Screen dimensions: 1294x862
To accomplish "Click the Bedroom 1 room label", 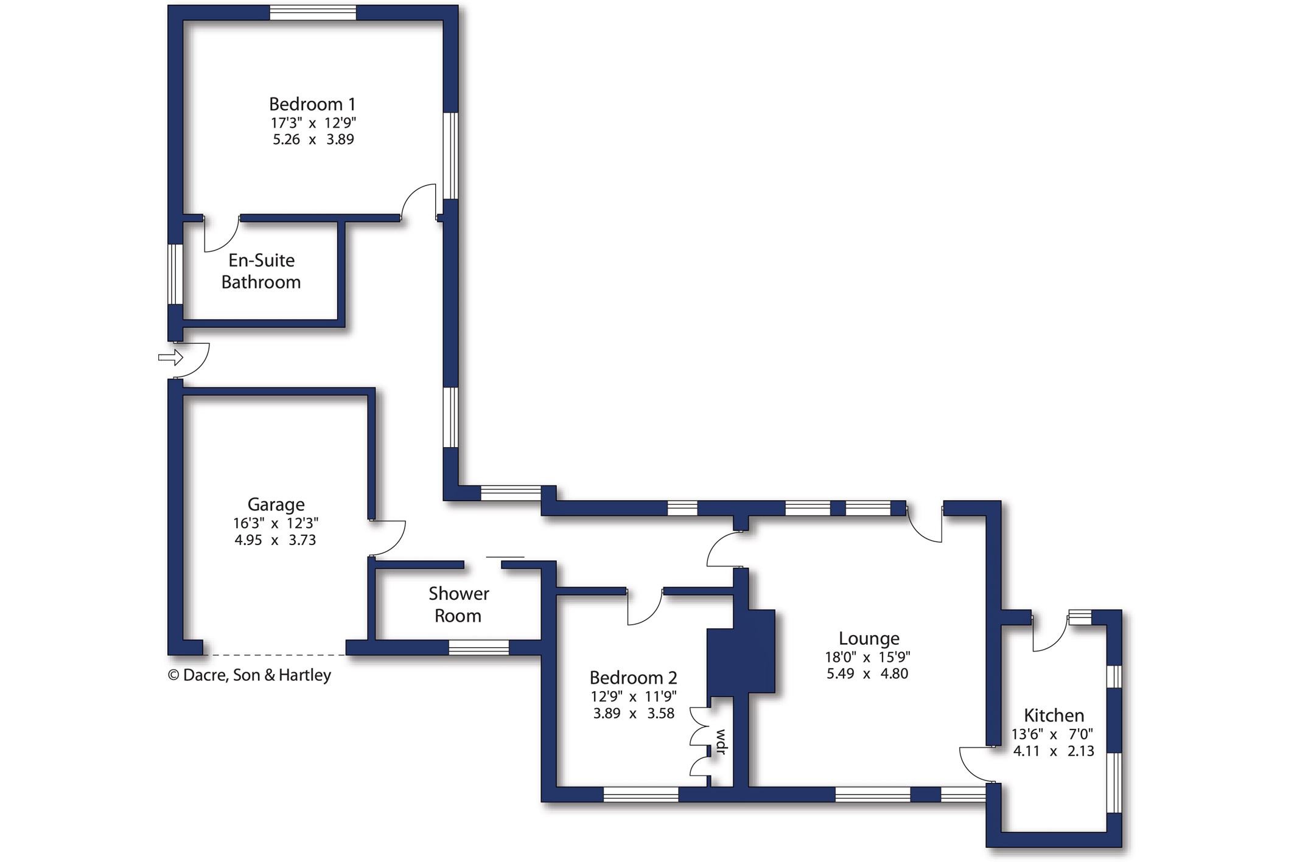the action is coord(312,104).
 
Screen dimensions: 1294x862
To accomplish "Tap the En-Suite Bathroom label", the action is coord(261,271).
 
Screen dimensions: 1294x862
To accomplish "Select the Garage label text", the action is coord(276,505).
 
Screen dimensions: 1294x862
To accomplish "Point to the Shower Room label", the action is coord(458,605).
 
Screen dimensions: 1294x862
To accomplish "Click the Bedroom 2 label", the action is coord(633,678).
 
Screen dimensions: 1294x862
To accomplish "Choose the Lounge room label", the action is coord(869,639).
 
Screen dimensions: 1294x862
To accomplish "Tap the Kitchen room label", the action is coord(1054,715).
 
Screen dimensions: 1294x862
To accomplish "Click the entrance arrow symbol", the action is coord(170,357).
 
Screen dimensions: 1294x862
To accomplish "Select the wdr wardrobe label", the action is coord(721,742).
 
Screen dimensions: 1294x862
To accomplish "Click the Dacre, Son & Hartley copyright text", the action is coord(250,675).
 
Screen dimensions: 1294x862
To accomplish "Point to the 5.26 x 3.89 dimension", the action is coord(313,139).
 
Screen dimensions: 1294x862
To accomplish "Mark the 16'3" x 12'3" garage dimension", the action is coord(276,523).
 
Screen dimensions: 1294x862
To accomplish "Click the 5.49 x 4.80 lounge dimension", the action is coord(867,673).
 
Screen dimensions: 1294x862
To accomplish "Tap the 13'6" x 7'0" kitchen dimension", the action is coord(1052,734).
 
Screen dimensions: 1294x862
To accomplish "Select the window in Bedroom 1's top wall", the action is coord(313,13).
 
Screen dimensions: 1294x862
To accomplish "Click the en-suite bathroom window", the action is coord(175,274).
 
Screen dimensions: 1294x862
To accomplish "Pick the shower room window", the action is coord(478,647).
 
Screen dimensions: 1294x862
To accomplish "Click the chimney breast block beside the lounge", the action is coord(741,652).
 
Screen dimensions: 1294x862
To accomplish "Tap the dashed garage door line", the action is coord(275,655).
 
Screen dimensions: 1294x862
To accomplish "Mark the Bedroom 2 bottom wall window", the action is coord(640,794).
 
